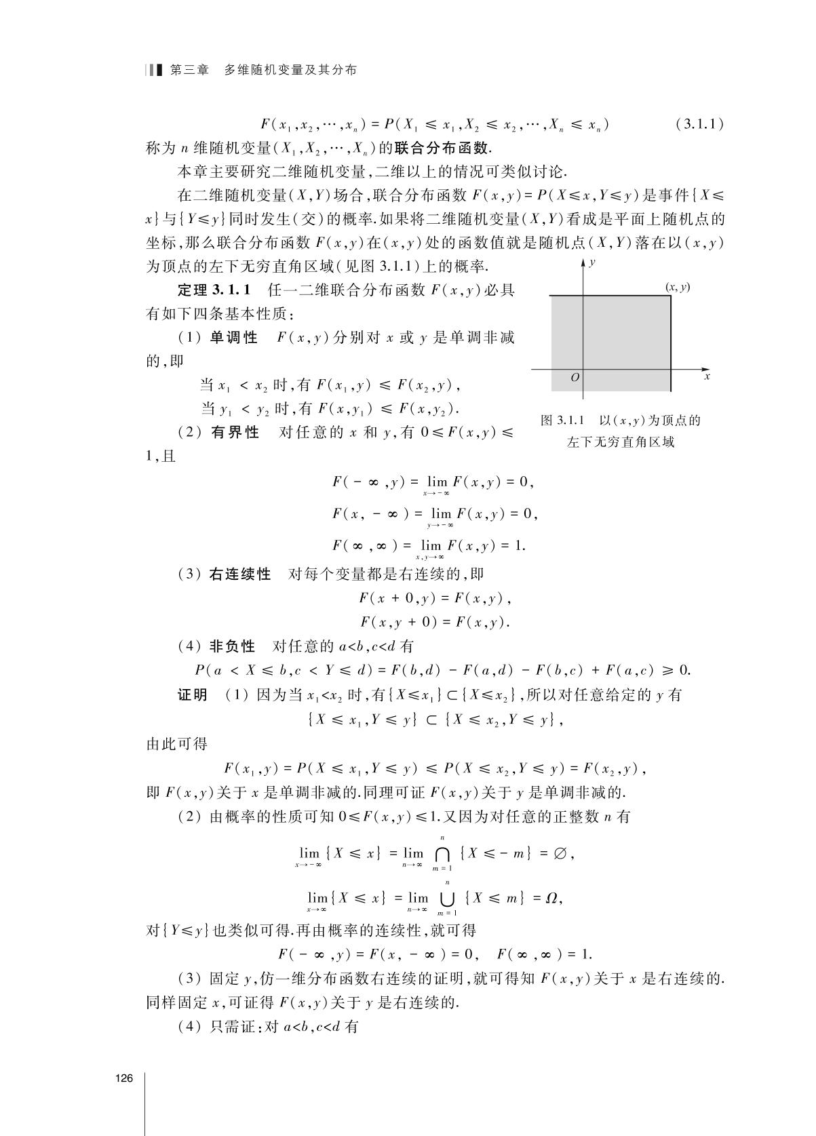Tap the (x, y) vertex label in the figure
(677, 287)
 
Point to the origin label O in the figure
(575, 377)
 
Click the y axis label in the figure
(592, 262)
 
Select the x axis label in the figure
(707, 376)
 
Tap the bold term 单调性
(233, 338)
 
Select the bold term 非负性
(233, 646)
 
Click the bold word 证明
(193, 695)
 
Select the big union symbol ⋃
(447, 899)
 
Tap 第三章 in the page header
(189, 70)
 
